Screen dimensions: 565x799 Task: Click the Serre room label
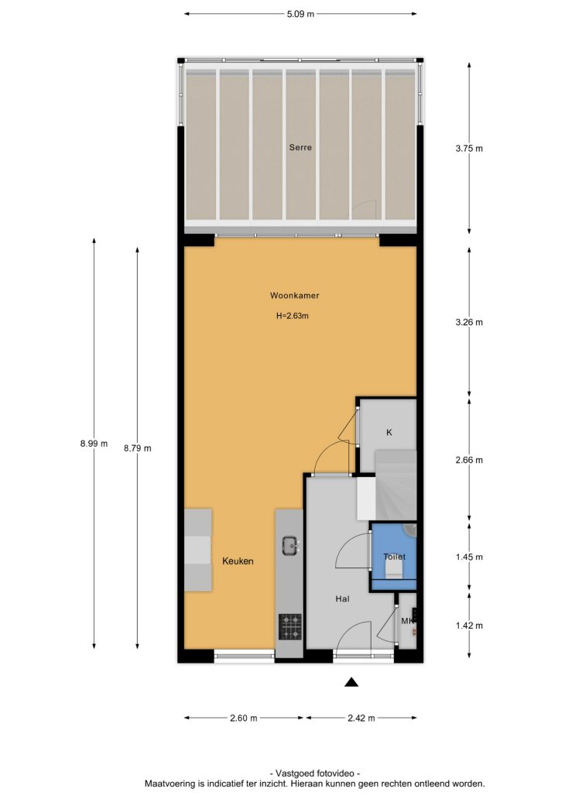[300, 147]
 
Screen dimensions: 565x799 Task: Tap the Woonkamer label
[294, 295]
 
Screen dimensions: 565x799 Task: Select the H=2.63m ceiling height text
[293, 316]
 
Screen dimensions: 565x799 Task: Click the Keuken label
[238, 561]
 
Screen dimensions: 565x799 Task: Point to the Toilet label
[394, 557]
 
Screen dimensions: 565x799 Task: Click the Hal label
[342, 598]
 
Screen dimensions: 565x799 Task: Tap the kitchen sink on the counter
[290, 545]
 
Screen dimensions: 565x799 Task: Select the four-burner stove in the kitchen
[290, 626]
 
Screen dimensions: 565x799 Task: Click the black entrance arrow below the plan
[351, 682]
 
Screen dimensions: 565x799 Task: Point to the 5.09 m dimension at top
[300, 14]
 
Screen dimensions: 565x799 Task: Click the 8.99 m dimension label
[94, 444]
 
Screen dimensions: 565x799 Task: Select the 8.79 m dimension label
[138, 448]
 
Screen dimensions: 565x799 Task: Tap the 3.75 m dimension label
[469, 149]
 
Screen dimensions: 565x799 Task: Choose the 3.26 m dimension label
[469, 322]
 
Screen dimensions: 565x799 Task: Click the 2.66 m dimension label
[469, 460]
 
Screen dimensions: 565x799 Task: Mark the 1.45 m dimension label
[469, 557]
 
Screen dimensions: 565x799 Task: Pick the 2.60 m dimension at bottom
[244, 718]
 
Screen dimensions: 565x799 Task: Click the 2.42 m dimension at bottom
[361, 718]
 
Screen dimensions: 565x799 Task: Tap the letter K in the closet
[389, 433]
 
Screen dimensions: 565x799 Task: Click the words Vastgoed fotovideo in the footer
[315, 773]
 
